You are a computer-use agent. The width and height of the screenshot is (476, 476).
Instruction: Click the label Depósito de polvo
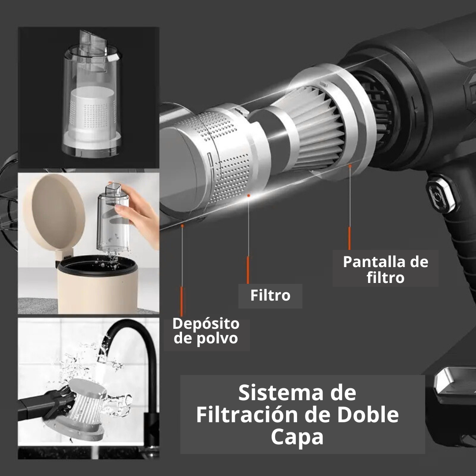[x=206, y=331]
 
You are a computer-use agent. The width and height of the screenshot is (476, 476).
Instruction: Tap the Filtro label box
[x=270, y=295]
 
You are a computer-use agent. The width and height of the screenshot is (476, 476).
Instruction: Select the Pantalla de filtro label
[x=385, y=269]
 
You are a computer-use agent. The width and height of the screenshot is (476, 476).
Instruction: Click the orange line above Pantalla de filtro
[x=350, y=238]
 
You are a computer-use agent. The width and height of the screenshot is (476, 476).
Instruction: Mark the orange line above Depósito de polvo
[x=182, y=302]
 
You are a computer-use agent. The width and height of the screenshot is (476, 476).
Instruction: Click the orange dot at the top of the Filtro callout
[x=249, y=195]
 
